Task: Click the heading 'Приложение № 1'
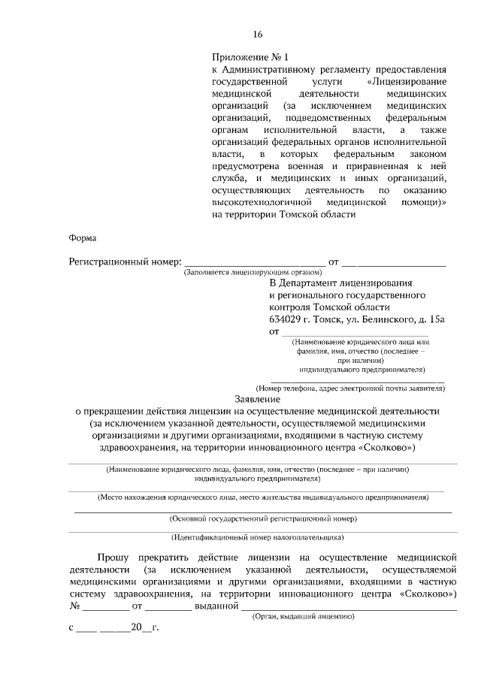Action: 250,56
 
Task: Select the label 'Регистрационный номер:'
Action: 126,261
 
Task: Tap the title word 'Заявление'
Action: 257,399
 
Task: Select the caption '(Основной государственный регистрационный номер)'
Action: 262,518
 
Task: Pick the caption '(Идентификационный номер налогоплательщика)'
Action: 258,537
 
